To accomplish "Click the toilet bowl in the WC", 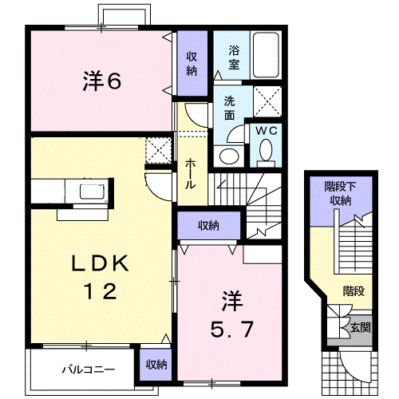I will click(x=266, y=151).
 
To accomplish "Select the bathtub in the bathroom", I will click(x=265, y=55).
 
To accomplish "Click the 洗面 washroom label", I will click(x=230, y=109).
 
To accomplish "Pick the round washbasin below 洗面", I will click(x=229, y=156).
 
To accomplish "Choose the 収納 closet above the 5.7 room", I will click(x=208, y=226).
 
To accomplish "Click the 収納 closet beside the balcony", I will click(x=156, y=364).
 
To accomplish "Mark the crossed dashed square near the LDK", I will click(x=157, y=150).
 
